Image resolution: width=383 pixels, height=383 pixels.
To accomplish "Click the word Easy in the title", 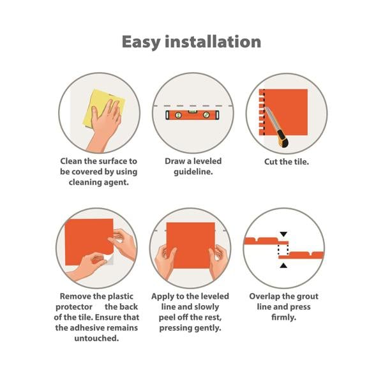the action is [141, 42].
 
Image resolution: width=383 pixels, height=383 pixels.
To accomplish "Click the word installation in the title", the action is [213, 41].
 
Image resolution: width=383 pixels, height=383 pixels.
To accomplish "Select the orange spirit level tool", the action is [193, 115].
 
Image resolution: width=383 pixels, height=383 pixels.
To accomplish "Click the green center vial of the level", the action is [192, 112].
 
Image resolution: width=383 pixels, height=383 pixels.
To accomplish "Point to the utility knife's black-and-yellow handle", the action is [283, 139].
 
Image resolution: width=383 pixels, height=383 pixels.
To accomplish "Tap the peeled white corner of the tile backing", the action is [109, 259].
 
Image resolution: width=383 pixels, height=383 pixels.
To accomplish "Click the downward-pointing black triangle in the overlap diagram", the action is [283, 234].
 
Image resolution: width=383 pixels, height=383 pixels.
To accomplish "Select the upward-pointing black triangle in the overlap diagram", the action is [283, 266].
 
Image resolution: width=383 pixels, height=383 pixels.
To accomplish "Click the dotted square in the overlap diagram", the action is [283, 250].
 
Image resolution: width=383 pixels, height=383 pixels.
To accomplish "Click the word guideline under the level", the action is [193, 172].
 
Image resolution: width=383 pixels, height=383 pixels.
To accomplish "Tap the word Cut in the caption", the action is [271, 161].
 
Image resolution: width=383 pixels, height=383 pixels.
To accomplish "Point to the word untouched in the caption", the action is [96, 338].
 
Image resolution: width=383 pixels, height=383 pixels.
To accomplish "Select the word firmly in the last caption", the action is [283, 317].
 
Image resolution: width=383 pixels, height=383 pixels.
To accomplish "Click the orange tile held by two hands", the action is [191, 245].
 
